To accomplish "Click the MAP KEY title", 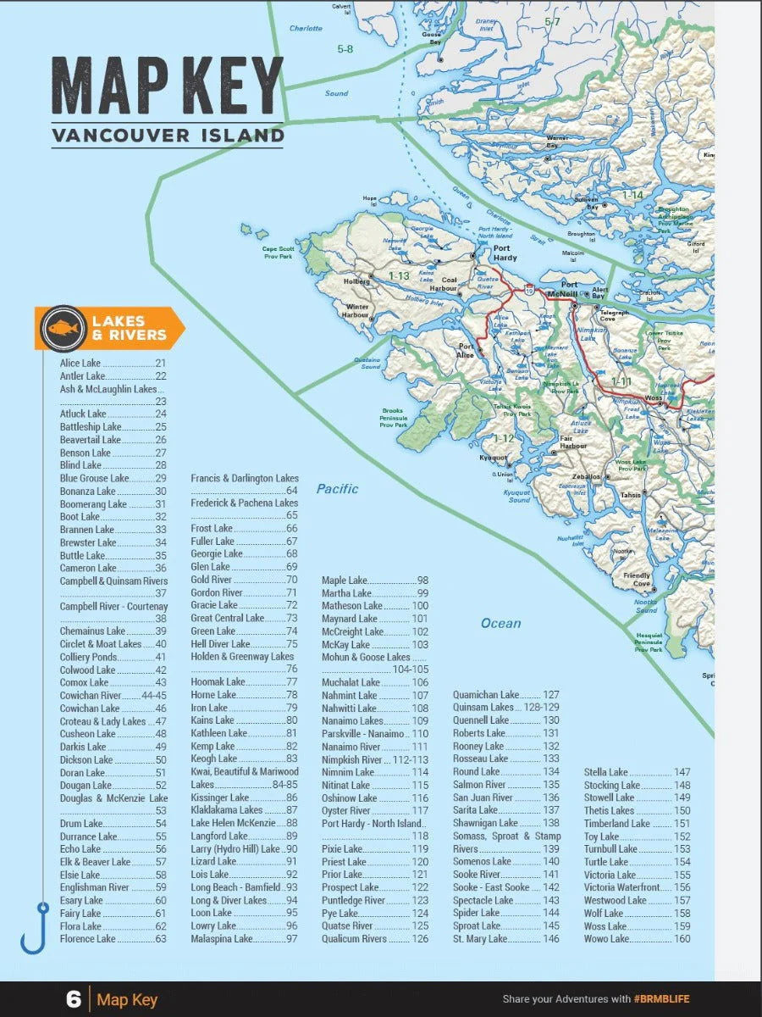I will (x=167, y=86).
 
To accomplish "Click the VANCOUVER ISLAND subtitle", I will (x=167, y=135).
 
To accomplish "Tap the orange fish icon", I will (x=63, y=328).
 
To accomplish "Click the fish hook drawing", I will (x=35, y=927).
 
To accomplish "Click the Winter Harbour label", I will (x=356, y=310).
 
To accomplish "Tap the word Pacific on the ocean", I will (x=337, y=489).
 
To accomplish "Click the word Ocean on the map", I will (x=500, y=623).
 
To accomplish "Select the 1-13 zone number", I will (x=399, y=275).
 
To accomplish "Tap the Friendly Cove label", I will (x=637, y=580).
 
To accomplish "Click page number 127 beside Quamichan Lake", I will (x=550, y=695).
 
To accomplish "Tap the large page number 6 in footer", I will (x=73, y=999).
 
